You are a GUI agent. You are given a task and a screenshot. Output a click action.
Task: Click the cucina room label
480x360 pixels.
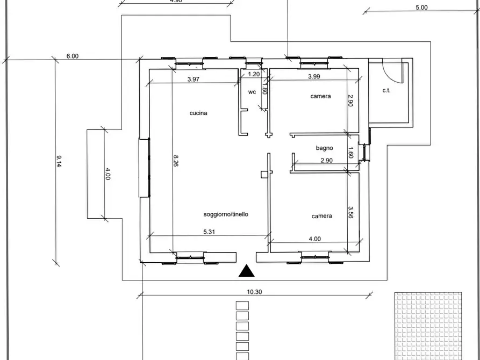[198, 113]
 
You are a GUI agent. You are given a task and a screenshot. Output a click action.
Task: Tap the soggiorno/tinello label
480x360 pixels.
[226, 214]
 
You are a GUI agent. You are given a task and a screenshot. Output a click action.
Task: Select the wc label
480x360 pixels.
[252, 92]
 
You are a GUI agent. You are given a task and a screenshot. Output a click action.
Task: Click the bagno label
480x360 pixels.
[324, 148]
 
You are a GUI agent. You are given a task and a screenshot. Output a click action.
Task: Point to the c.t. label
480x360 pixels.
[386, 90]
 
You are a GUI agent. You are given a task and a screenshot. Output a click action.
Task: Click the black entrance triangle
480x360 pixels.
[246, 271]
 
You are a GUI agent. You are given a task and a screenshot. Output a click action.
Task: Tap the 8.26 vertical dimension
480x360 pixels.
[175, 161]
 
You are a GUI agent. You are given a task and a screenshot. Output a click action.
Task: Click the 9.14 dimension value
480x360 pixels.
[60, 161]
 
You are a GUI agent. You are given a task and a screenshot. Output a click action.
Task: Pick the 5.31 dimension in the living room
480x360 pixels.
[210, 232]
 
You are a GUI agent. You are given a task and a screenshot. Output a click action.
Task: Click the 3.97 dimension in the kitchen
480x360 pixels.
[194, 79]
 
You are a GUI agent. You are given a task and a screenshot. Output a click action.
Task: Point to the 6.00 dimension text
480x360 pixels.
[73, 56]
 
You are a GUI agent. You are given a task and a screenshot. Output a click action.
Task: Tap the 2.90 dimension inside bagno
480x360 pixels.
[327, 161]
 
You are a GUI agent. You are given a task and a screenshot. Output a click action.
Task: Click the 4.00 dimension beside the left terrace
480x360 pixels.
[108, 174]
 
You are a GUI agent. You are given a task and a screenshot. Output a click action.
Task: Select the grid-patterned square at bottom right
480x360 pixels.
[428, 326]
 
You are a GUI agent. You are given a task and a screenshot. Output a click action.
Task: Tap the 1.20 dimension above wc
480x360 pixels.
[254, 74]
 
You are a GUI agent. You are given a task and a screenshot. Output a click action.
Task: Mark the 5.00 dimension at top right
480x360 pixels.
[421, 7]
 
